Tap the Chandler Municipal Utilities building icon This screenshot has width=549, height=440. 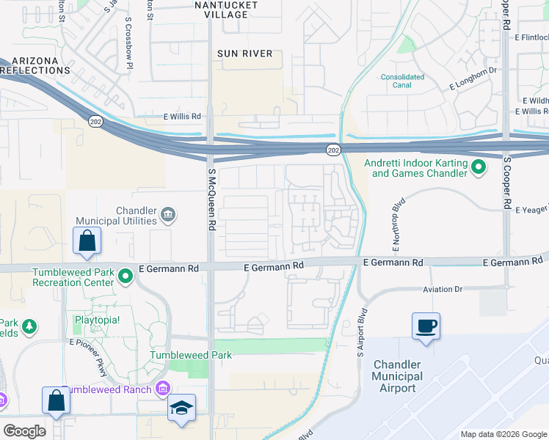(x=168, y=215)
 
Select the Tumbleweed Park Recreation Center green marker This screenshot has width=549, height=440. (x=126, y=277)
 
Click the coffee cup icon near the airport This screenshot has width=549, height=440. (x=427, y=325)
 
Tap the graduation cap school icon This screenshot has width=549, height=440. (x=182, y=408)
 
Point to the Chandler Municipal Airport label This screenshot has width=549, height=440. (x=399, y=376)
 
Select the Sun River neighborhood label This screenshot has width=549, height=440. (x=244, y=54)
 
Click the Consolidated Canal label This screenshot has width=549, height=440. (x=402, y=81)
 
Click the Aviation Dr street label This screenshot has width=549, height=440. (x=443, y=290)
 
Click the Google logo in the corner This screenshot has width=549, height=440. (x=24, y=431)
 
